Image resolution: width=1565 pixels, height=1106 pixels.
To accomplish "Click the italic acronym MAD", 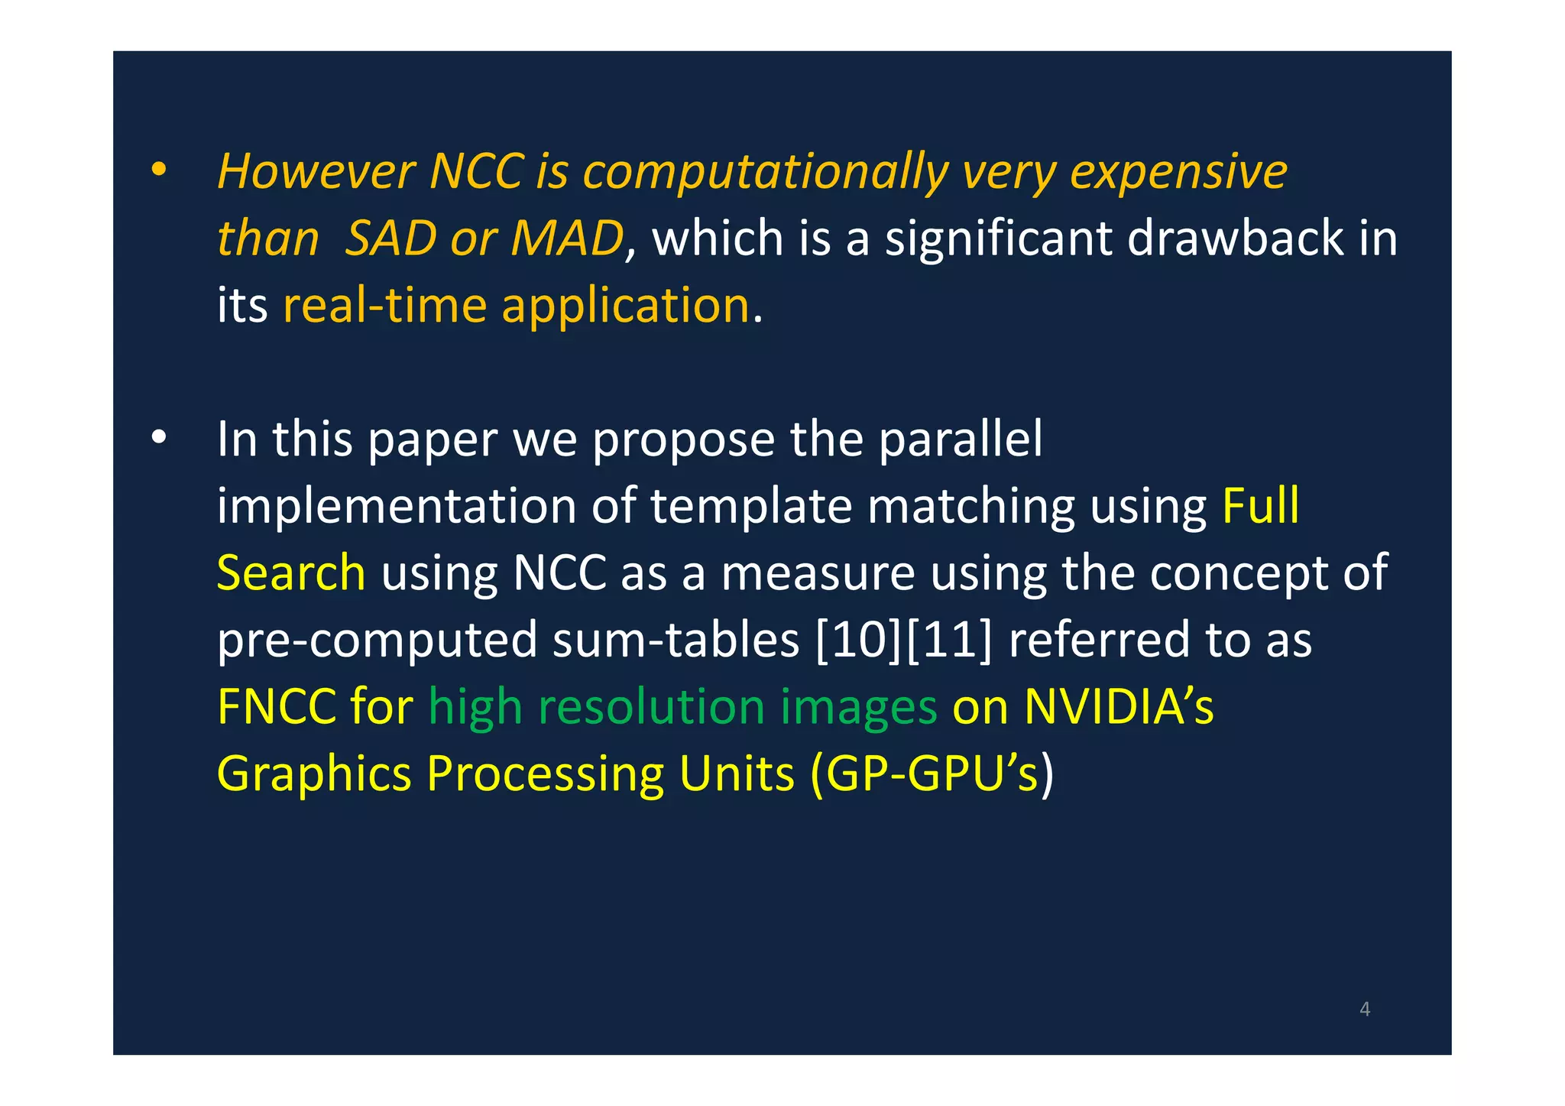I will [x=567, y=238].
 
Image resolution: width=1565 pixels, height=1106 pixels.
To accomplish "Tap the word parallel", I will [x=961, y=439].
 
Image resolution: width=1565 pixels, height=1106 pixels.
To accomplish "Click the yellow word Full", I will [x=1260, y=505].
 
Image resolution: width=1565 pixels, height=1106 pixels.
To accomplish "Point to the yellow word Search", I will [x=291, y=572].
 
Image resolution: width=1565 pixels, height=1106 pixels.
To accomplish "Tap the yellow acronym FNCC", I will [x=277, y=706].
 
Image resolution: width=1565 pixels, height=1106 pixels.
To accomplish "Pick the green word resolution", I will [x=651, y=706].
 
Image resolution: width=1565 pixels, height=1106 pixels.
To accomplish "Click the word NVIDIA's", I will [x=1118, y=706].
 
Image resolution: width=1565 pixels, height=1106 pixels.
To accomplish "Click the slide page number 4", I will [x=1365, y=1010].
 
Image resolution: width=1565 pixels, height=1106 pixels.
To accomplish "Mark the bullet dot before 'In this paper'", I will [x=158, y=438].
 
